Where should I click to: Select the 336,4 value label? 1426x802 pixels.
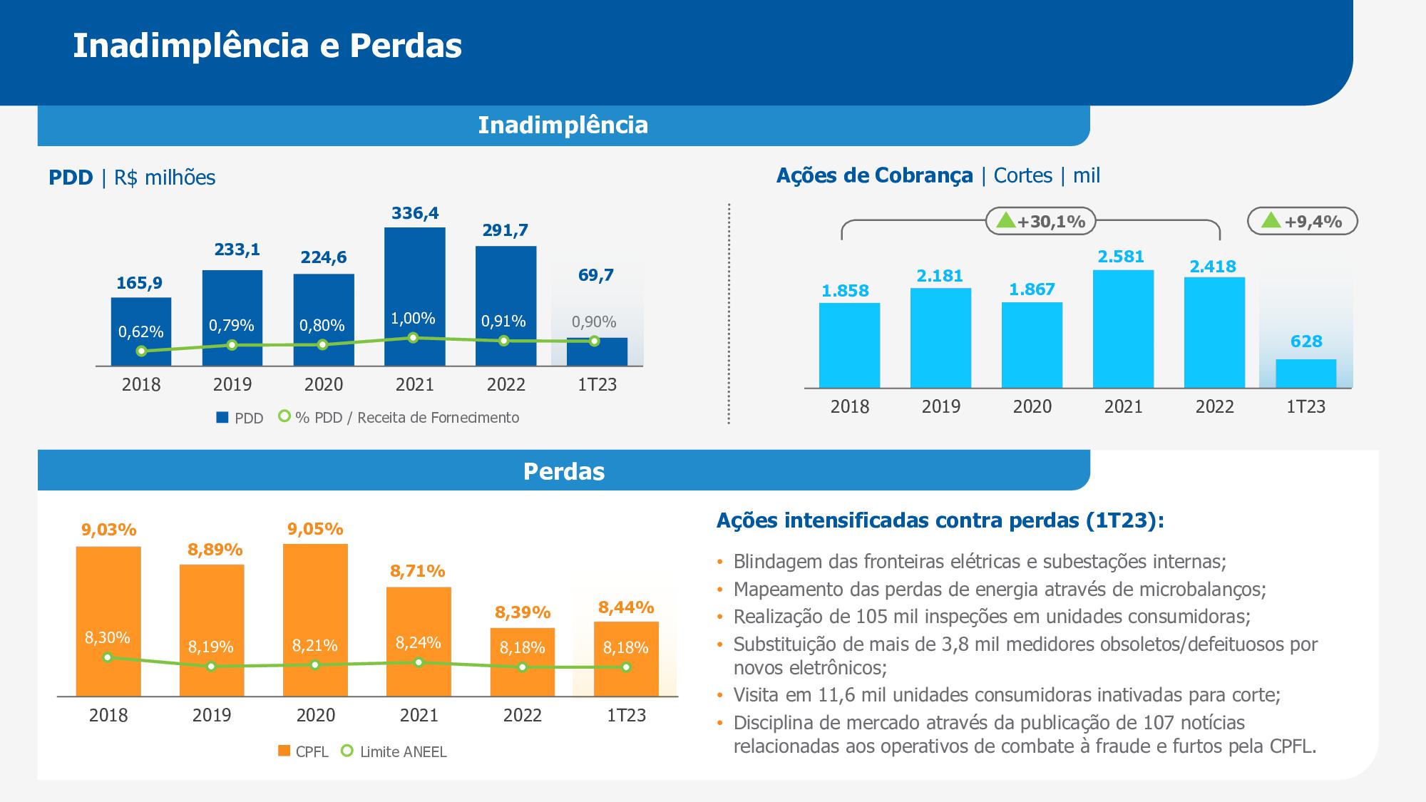pos(415,213)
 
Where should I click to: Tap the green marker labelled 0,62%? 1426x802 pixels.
pos(141,351)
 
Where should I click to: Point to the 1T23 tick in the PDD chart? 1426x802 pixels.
pos(597,385)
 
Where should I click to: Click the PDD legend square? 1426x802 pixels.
pos(222,418)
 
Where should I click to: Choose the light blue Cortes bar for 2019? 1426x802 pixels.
pos(940,338)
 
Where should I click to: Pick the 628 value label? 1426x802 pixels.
pos(1306,341)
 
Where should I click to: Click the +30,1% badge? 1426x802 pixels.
pos(1041,222)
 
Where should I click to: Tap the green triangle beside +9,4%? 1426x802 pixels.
pos(1271,220)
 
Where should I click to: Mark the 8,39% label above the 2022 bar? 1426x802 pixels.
pos(523,612)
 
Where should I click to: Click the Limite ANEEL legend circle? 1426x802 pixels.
pos(347,751)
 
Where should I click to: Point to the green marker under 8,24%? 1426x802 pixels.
pos(419,662)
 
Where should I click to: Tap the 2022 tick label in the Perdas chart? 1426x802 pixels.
pos(523,715)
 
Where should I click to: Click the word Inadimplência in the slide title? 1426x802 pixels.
pos(190,46)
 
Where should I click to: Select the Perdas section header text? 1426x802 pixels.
pos(563,471)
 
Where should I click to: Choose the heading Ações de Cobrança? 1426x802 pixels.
pos(874,175)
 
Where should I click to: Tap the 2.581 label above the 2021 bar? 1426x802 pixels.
pos(1121,257)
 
